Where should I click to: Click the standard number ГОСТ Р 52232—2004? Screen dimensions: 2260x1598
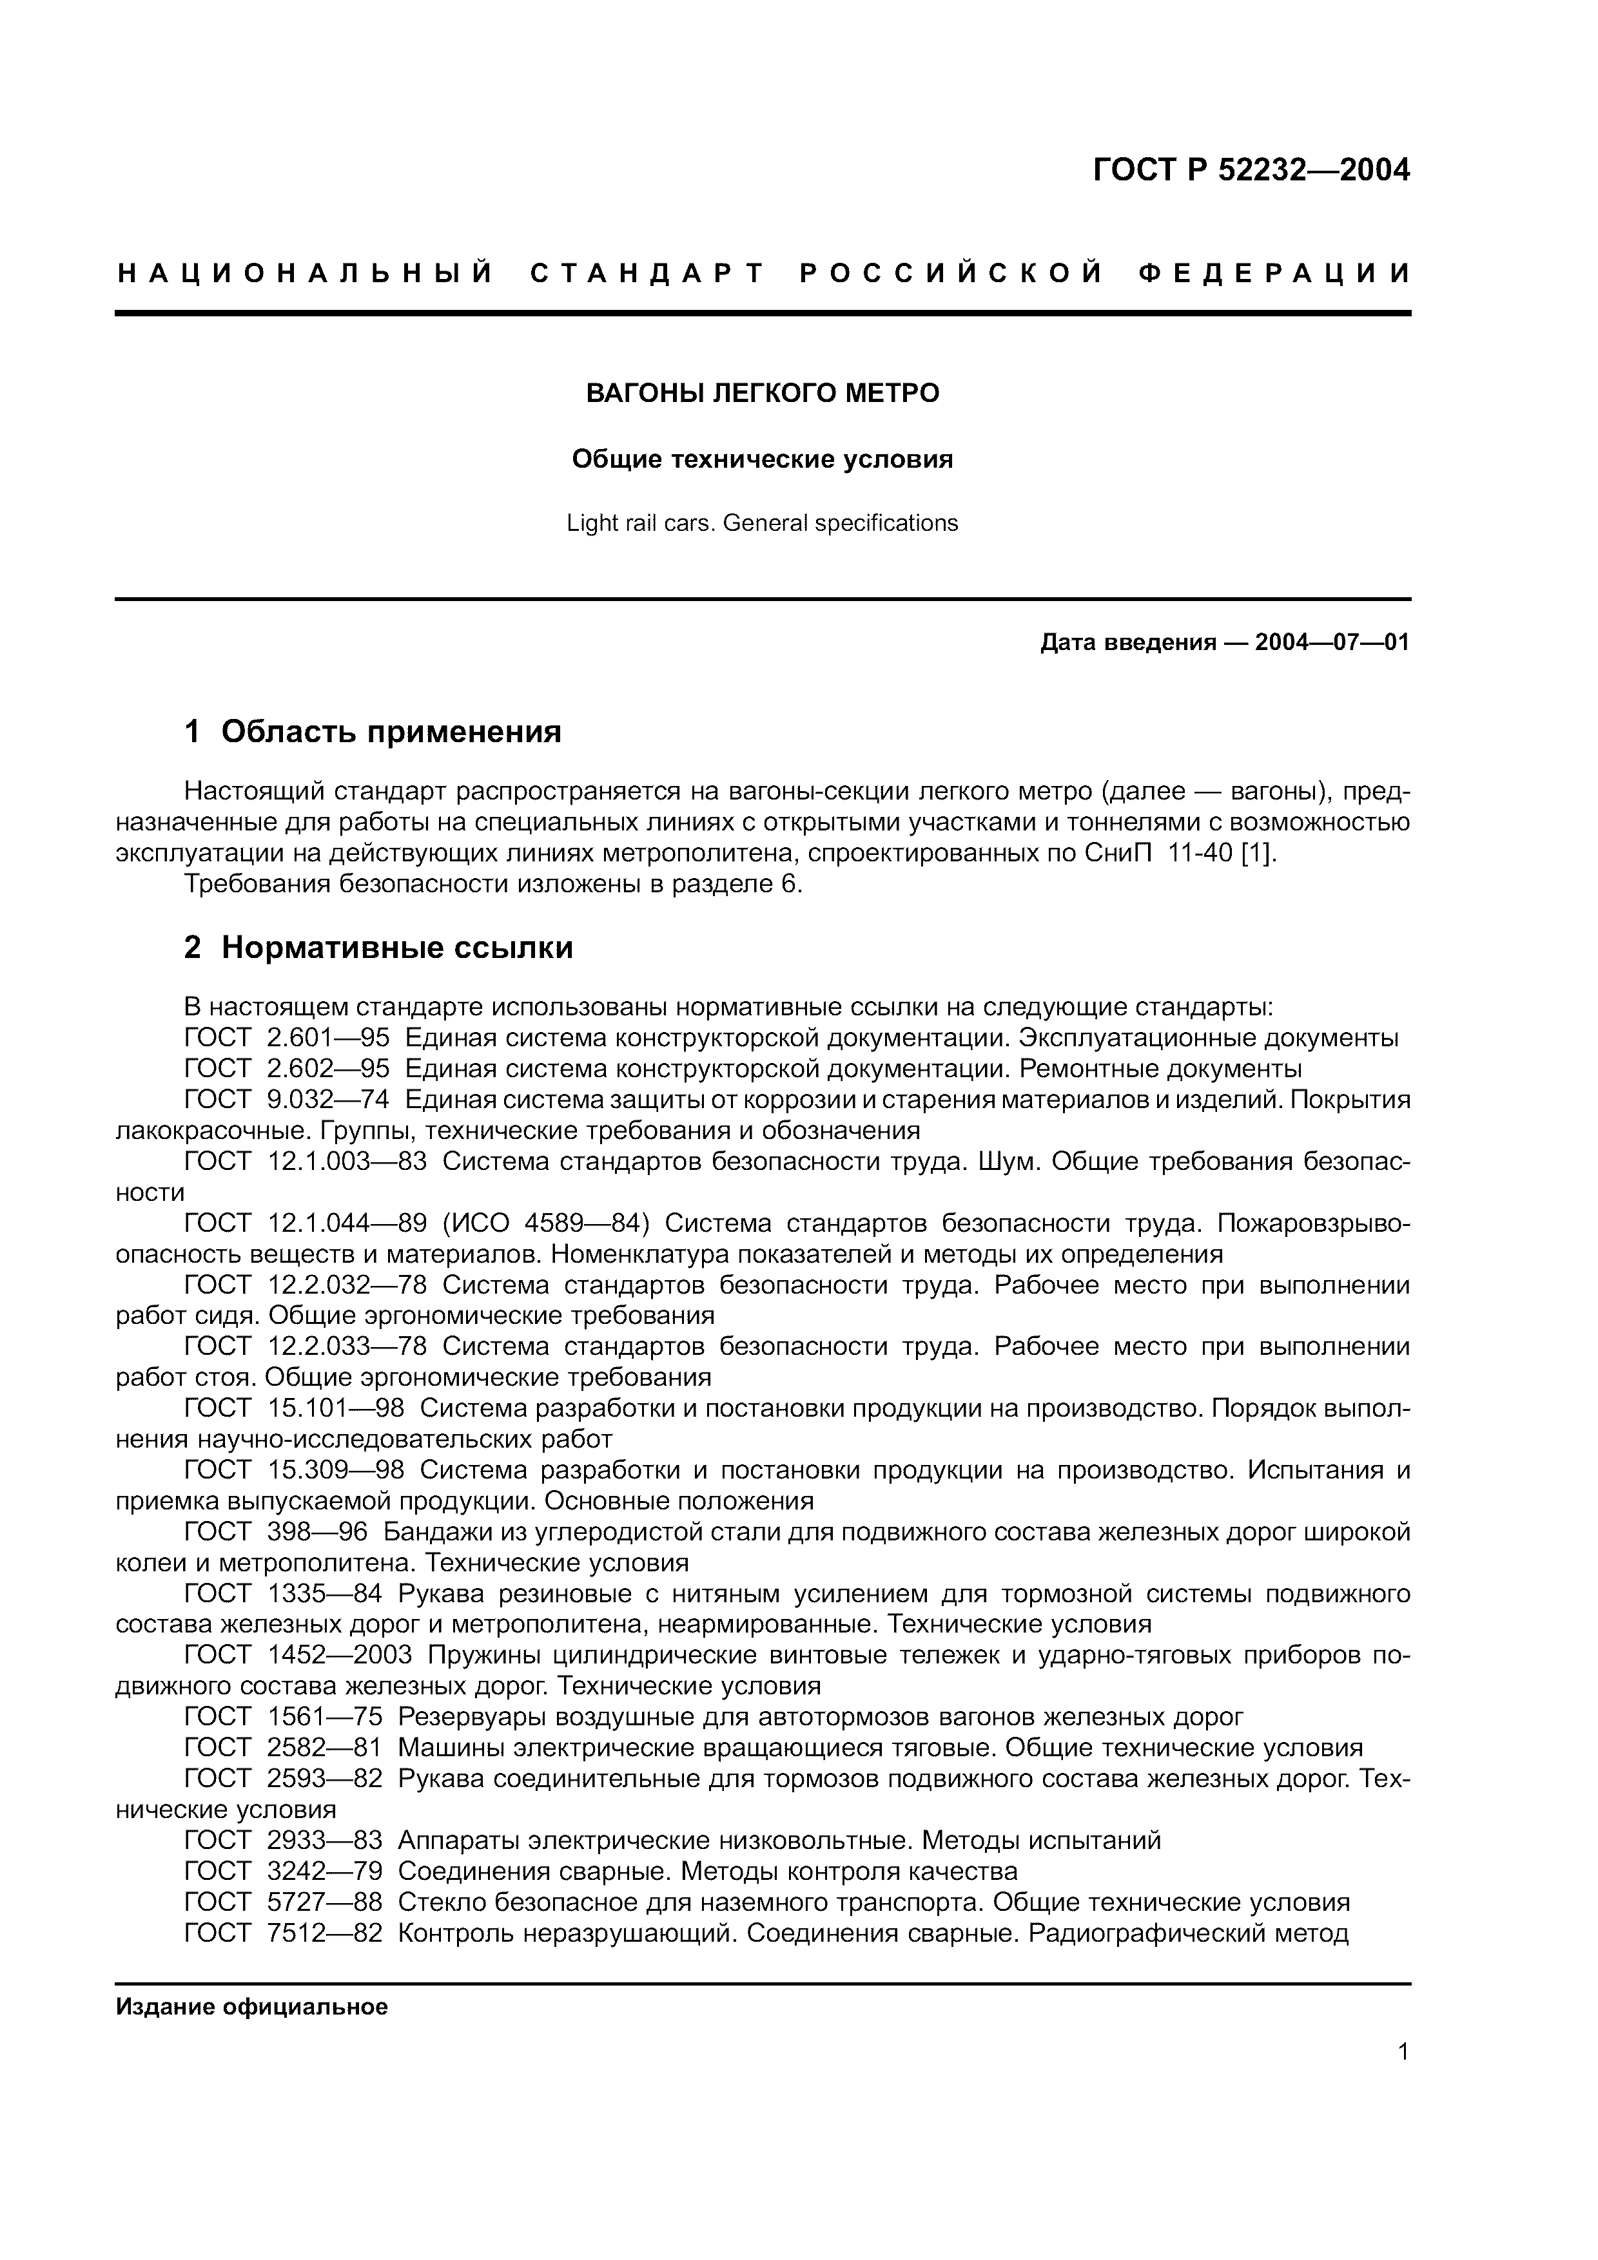(x=1251, y=170)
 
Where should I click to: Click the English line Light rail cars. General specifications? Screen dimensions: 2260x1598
(x=762, y=522)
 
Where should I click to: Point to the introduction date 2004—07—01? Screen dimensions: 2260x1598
(x=1332, y=643)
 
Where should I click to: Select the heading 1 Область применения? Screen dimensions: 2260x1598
(x=373, y=731)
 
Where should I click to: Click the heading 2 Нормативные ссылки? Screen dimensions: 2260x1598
(x=379, y=947)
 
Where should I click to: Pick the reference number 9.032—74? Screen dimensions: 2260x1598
(x=328, y=1100)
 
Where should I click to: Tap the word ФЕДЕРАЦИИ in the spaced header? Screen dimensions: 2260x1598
(x=1275, y=274)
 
